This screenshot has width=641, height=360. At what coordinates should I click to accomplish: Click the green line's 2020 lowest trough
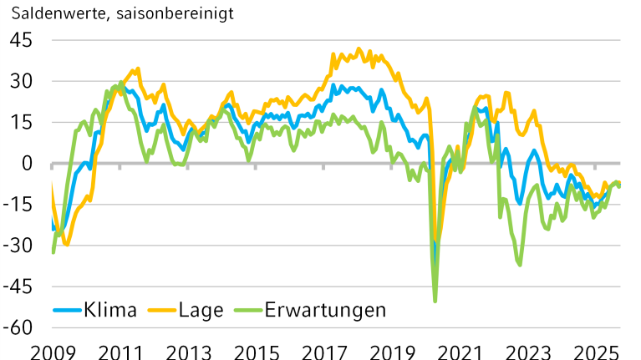click(435, 301)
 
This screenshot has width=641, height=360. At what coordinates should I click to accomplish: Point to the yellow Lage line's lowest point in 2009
click(66, 245)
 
